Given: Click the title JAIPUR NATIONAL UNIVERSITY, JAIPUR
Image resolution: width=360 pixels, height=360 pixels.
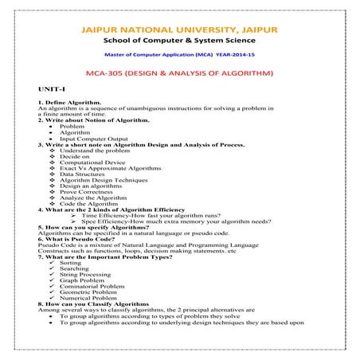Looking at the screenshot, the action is coord(179,30).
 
